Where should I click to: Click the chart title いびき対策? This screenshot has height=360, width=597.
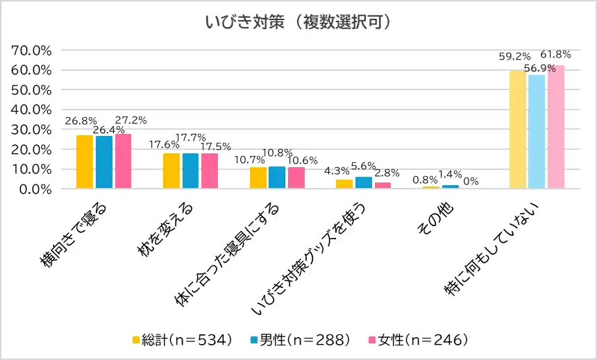(298, 22)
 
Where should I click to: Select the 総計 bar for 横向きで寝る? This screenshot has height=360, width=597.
(85, 162)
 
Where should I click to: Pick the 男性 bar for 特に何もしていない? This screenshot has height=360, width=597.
(537, 132)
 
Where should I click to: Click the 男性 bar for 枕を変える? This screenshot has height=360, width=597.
(190, 171)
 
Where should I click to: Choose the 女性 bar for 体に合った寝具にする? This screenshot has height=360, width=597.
(296, 178)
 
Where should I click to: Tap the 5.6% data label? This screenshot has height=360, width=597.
(364, 166)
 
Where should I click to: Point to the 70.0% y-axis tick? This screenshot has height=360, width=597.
(33, 51)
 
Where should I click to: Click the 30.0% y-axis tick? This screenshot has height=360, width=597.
(33, 130)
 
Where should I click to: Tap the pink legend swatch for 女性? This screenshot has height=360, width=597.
(371, 340)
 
